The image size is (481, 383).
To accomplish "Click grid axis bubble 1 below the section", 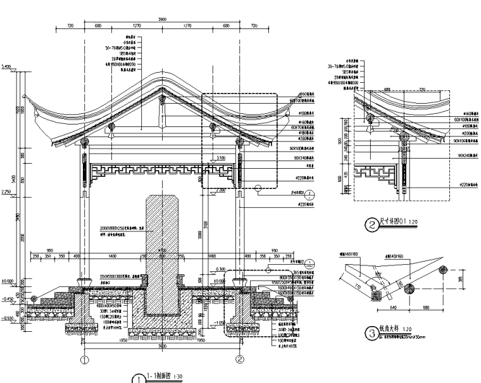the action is click(84, 360).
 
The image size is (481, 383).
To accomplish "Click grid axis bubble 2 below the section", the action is click(240, 360).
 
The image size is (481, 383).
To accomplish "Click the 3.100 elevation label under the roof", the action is click(220, 157).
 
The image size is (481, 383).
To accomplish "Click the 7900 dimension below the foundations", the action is click(162, 346).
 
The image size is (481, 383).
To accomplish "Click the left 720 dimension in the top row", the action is click(70, 27).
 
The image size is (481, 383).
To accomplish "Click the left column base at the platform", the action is click(84, 280).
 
